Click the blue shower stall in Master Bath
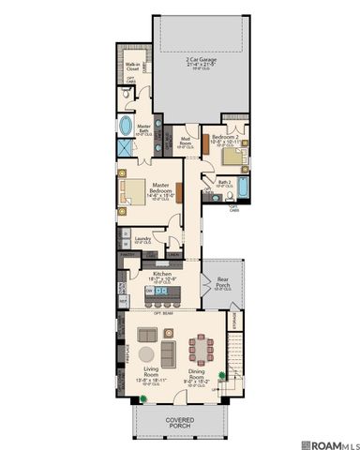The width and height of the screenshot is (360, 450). [x=126, y=154]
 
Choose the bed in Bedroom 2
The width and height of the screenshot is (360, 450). [x=232, y=155]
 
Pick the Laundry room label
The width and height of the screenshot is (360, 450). [x=143, y=240]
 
